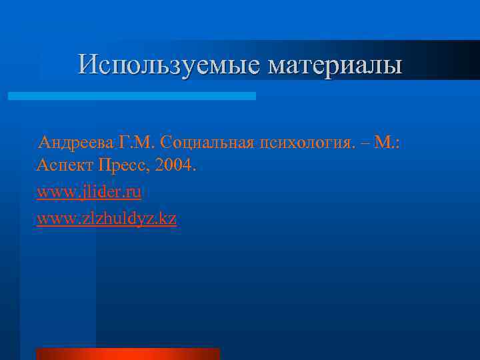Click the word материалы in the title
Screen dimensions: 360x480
click(335, 65)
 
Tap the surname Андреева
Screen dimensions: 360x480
click(76, 142)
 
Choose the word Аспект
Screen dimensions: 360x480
click(64, 165)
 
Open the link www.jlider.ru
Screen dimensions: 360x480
click(89, 192)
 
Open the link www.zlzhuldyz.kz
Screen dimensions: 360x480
click(107, 218)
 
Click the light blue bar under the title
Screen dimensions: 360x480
click(132, 96)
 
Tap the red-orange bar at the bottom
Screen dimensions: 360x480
click(128, 353)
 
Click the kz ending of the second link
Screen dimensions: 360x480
click(168, 218)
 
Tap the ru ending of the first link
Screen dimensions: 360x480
click(133, 192)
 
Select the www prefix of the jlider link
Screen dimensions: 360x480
click(51, 192)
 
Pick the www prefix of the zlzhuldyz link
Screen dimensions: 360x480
click(51, 218)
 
